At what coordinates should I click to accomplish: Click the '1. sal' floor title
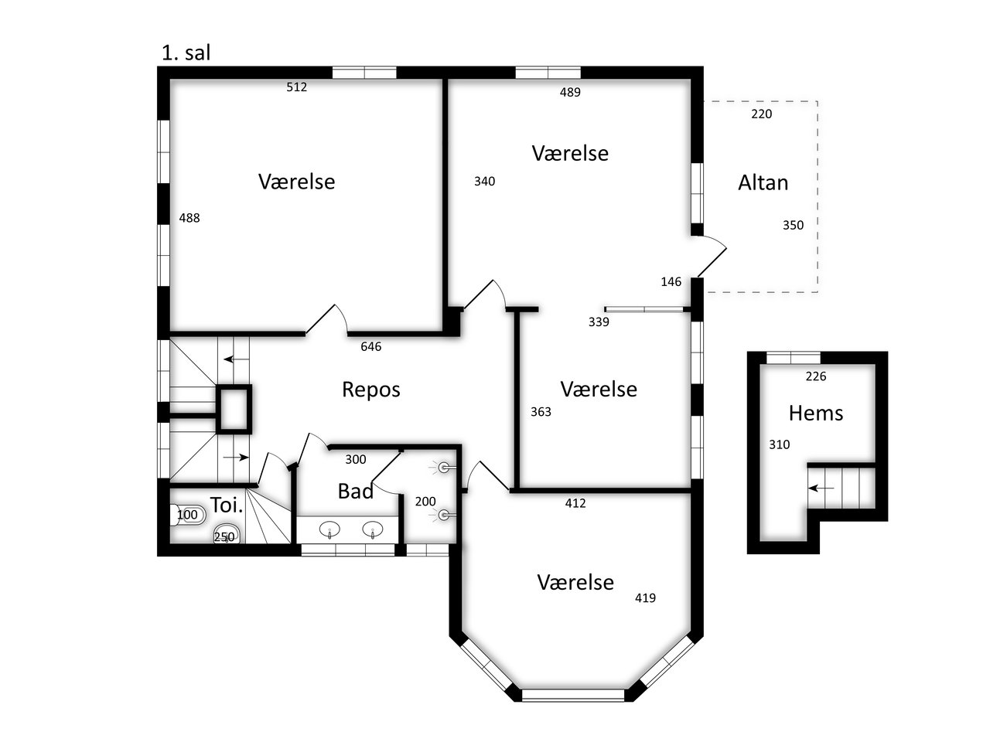coord(186,53)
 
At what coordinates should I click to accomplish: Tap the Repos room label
coord(370,390)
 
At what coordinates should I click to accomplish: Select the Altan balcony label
coord(763,182)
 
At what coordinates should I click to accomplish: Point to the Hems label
coord(815,413)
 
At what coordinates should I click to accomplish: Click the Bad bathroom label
coord(356,491)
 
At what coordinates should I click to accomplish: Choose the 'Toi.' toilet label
coord(227,505)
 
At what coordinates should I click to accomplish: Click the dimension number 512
coord(296,87)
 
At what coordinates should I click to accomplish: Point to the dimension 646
coord(370,346)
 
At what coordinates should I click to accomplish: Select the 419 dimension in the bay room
coord(645,597)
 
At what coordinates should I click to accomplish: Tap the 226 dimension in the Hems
coord(815,376)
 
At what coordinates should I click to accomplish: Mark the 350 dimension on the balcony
coord(793,225)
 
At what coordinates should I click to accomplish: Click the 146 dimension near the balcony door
coord(671,281)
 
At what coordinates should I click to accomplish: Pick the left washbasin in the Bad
coord(329,529)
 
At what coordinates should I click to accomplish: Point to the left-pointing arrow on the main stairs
coord(237,359)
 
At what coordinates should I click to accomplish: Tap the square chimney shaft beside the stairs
coord(234,409)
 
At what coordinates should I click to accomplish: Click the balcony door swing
coord(712,256)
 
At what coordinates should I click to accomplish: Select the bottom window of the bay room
coord(573,695)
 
